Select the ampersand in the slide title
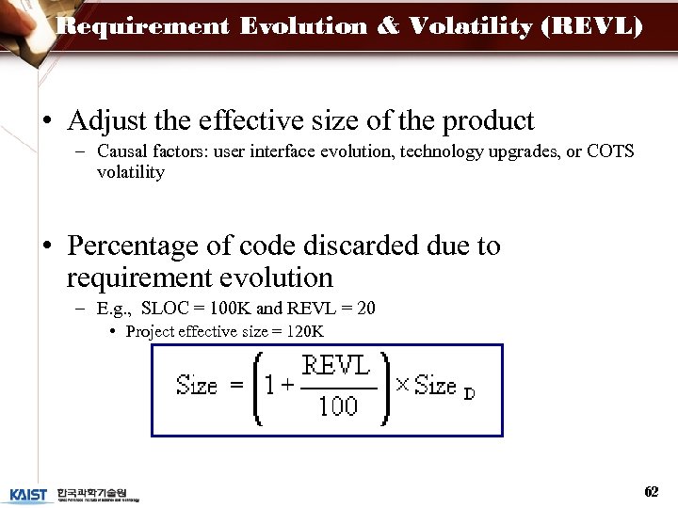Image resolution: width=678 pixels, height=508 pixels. coord(388,26)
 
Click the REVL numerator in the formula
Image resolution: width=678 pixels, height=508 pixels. coord(336,366)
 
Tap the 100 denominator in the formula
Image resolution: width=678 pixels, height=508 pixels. coord(337,406)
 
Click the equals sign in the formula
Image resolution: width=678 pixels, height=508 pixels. coord(236,386)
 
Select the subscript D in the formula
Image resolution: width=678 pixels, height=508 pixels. coord(469,394)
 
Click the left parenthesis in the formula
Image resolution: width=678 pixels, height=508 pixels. coord(256,388)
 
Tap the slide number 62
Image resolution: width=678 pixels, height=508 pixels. coord(651,492)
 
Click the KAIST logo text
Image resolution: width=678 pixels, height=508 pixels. coord(28,495)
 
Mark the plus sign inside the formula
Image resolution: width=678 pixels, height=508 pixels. coord(287,386)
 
